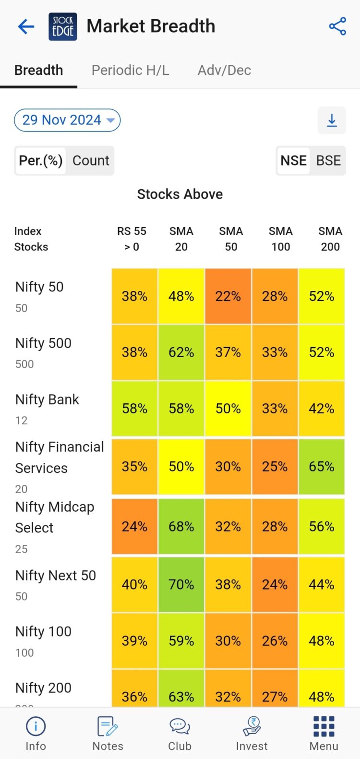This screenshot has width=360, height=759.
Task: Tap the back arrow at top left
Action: point(26,26)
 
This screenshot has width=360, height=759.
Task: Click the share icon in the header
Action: point(337,26)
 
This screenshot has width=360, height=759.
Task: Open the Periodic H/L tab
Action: point(130,70)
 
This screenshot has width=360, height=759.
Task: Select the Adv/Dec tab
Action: point(224,70)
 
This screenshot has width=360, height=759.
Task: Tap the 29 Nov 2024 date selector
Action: point(67,120)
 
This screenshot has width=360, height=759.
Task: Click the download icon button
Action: point(332,120)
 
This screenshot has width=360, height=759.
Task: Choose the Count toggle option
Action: point(91,160)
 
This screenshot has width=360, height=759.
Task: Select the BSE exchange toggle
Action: point(328,160)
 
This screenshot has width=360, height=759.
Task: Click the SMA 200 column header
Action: point(330,239)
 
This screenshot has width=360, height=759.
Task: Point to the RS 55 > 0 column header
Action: point(132,239)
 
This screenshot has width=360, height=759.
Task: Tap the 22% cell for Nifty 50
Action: point(228,296)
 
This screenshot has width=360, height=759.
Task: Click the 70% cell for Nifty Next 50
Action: point(181,584)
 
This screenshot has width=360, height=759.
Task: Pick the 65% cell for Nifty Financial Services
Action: point(322,466)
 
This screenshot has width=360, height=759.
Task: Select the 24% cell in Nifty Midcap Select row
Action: point(134,527)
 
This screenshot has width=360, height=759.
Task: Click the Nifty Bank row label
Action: point(47,399)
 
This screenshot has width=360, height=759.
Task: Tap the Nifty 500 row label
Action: point(43,343)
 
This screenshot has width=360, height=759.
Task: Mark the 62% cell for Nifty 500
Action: point(181,352)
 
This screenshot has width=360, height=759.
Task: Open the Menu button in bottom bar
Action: point(324,733)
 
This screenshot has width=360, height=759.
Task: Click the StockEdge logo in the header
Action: point(63,26)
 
